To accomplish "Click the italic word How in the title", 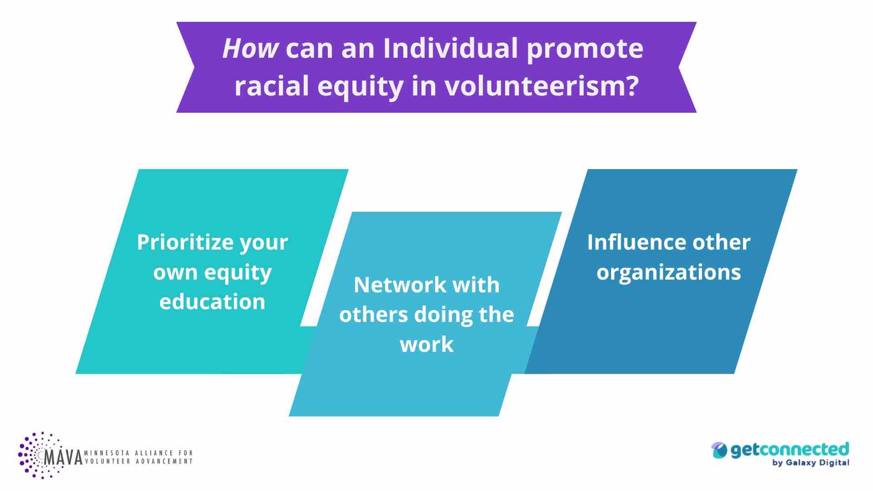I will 250,48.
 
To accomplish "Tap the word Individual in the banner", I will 451,48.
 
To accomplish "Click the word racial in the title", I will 271,86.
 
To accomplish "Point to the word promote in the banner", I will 585,49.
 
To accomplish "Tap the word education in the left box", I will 212,302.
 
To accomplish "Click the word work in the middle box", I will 426,345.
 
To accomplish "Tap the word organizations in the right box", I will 668,272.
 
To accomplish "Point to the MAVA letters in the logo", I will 64,457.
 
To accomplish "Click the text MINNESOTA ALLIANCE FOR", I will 139,453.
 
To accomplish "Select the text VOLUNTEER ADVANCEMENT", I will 139,461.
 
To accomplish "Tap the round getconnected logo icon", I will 719,450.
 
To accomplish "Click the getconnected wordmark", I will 789,449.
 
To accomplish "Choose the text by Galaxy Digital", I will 810,463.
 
